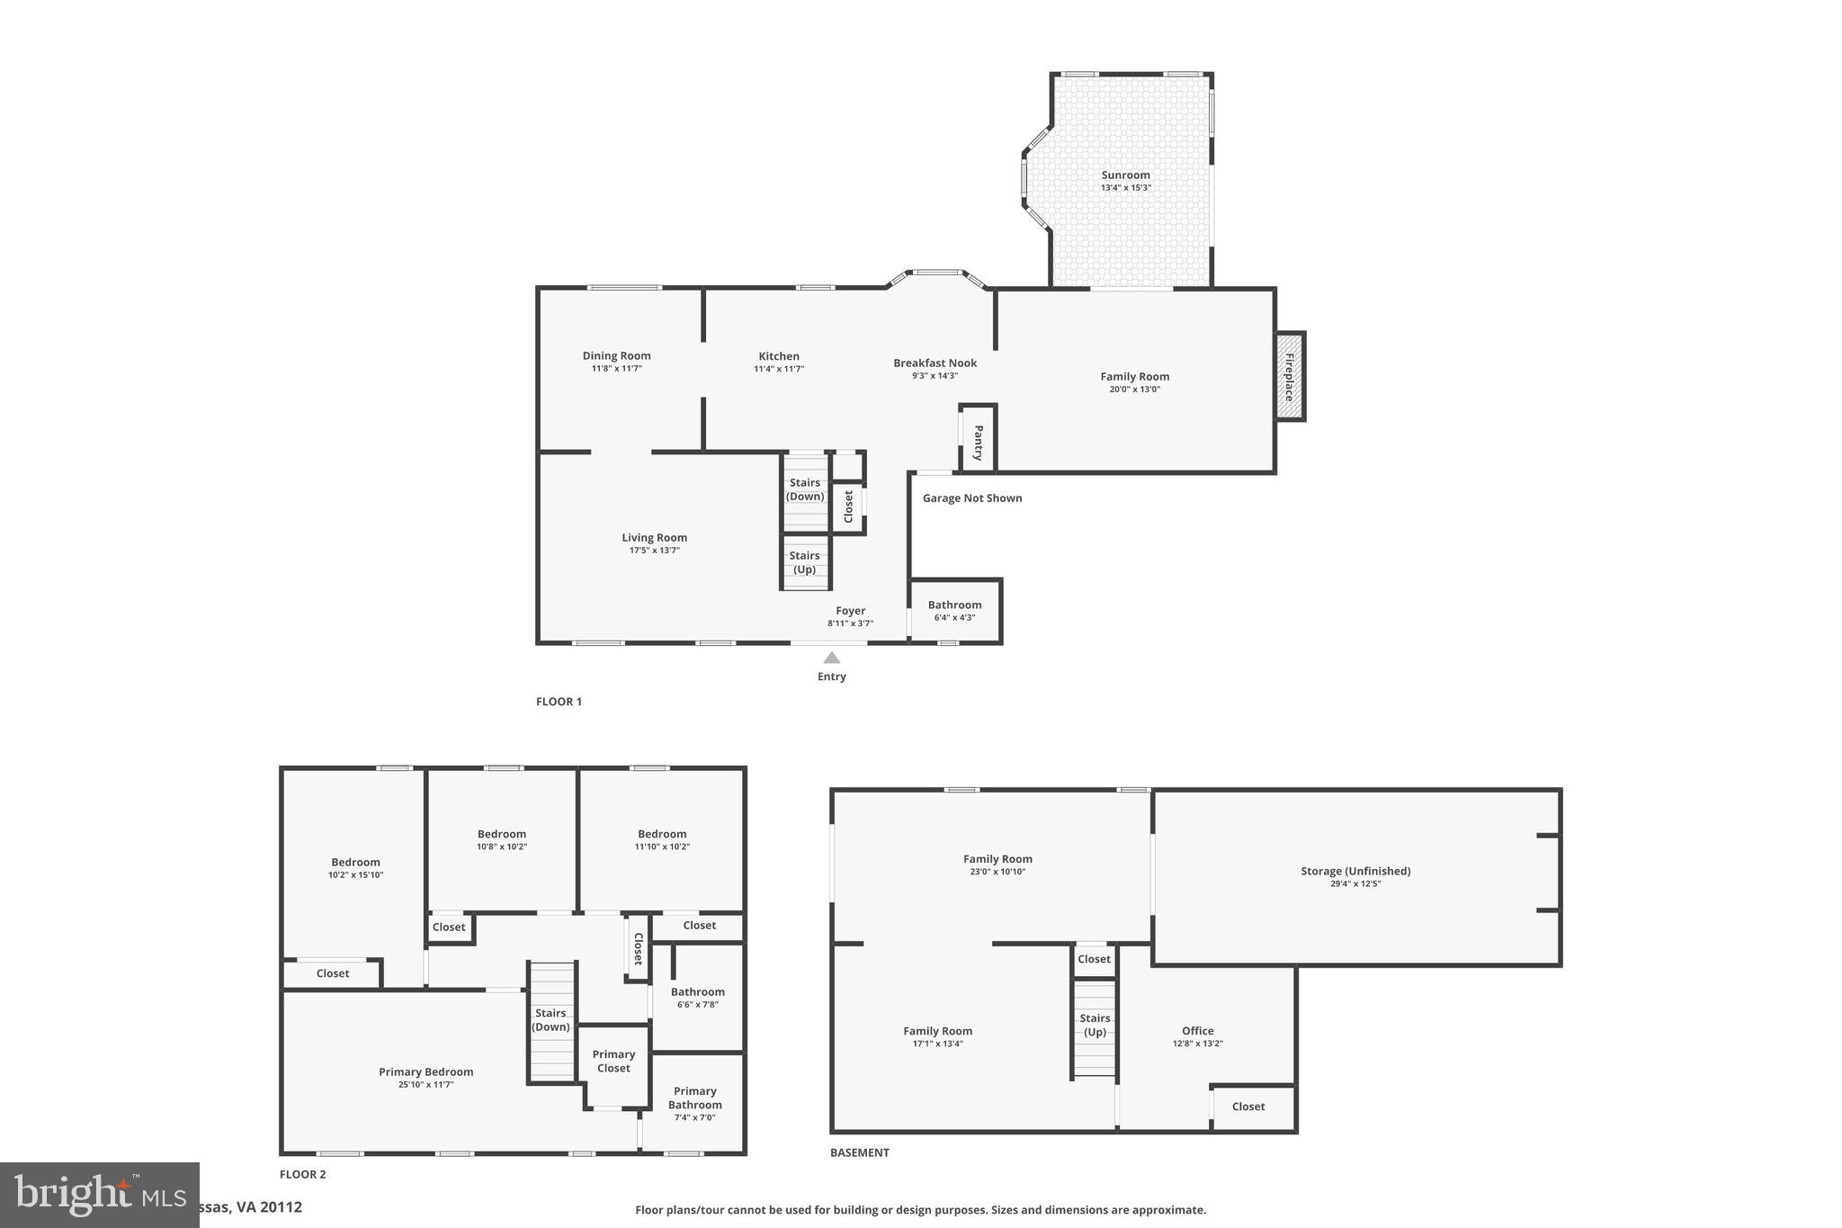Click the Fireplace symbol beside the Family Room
click(1289, 376)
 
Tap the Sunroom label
click(1125, 175)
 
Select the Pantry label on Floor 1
click(979, 443)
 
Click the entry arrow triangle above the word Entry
click(832, 658)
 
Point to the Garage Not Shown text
click(971, 498)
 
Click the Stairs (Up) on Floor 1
click(804, 562)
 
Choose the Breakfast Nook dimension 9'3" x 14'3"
click(934, 376)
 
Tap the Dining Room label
click(616, 356)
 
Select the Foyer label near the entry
click(850, 611)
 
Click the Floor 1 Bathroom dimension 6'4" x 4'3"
click(954, 618)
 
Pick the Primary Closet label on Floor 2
click(613, 1061)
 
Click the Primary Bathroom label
click(694, 1098)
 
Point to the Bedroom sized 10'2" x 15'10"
click(355, 867)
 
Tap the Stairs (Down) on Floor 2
click(550, 1019)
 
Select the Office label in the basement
click(1197, 1031)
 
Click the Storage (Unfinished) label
click(1355, 871)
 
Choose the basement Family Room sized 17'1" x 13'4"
click(937, 1036)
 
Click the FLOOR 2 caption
click(302, 1174)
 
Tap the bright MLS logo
click(99, 1195)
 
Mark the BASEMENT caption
click(859, 1152)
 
